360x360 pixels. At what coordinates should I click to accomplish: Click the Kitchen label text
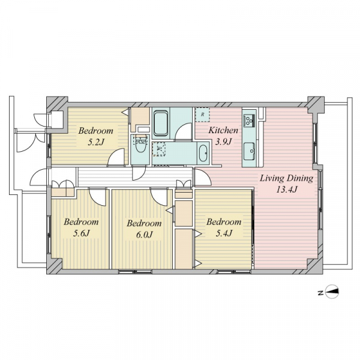pos(223,130)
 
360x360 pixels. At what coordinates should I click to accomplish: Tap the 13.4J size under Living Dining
pos(287,190)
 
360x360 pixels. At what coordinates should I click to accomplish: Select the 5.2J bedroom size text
pos(96,143)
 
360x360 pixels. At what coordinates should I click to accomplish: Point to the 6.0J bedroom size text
pos(144,235)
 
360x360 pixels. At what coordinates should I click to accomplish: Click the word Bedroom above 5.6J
pos(81,222)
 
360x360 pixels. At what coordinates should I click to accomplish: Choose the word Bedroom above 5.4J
pos(224,222)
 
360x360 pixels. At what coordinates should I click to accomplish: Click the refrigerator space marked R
pos(202,115)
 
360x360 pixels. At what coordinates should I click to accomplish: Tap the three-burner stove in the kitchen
pos(250,121)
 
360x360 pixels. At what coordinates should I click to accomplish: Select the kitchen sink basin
pos(249,151)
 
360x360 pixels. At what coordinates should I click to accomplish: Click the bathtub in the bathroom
pos(161,124)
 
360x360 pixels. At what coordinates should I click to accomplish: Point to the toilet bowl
pos(140,146)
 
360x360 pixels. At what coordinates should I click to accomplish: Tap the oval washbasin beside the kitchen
pos(203,153)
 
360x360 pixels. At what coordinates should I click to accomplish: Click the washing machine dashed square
pos(159,149)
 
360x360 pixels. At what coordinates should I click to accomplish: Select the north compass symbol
pos(332,292)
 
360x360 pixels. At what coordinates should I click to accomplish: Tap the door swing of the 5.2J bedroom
pos(116,157)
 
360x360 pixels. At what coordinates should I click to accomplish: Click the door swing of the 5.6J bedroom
pos(97,197)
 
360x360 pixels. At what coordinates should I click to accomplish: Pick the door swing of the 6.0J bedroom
pos(159,197)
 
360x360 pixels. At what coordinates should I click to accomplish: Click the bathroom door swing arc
pos(183,131)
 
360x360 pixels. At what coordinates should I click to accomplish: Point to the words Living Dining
pos(286,178)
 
